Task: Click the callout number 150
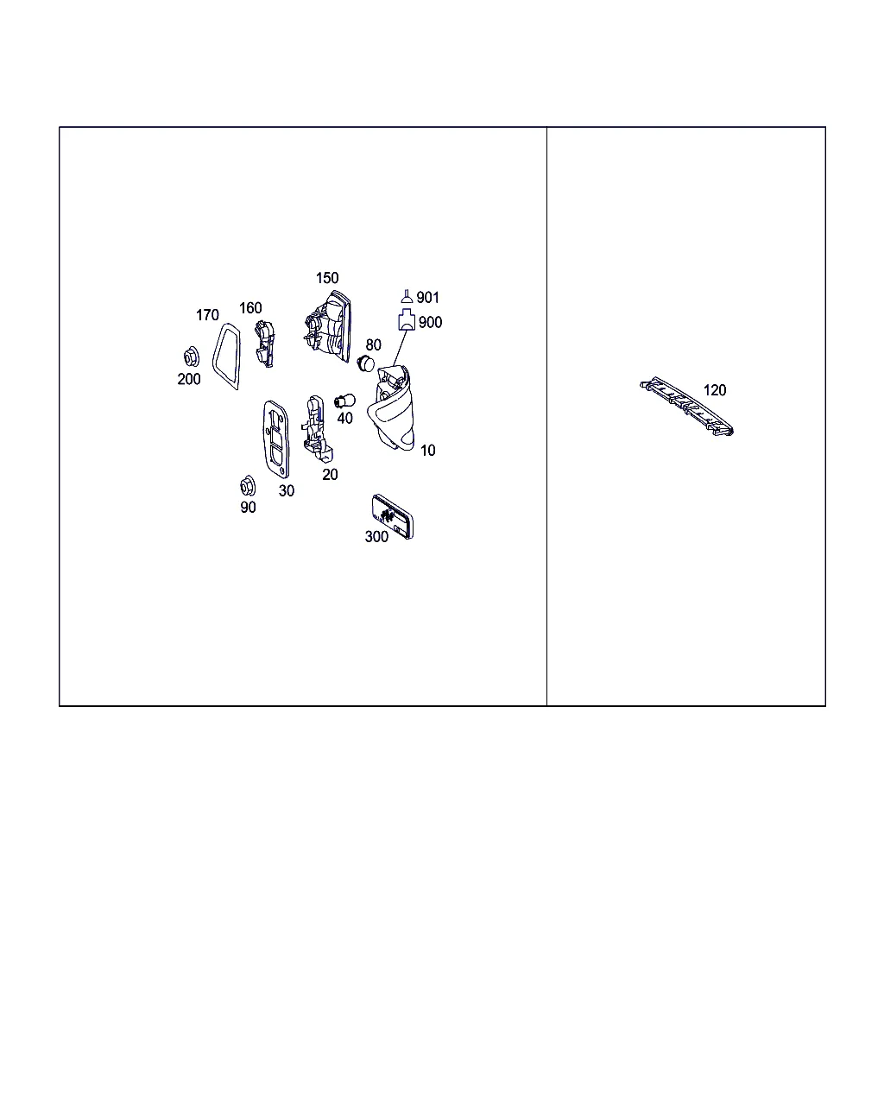coord(326,278)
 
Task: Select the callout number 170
coord(207,315)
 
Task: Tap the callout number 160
coord(250,307)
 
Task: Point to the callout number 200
coord(188,379)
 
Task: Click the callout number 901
coord(427,297)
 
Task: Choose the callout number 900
coord(430,322)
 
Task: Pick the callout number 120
coord(715,390)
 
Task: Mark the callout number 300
coord(376,537)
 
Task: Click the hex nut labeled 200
coord(191,357)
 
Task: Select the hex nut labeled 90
coord(248,485)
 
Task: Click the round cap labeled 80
coord(365,363)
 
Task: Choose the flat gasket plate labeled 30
coord(276,439)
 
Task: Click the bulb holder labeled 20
coord(317,428)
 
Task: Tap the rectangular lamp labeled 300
coord(392,516)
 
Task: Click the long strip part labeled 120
coord(686,406)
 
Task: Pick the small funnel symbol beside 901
coord(407,296)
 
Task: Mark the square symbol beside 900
coord(407,319)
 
